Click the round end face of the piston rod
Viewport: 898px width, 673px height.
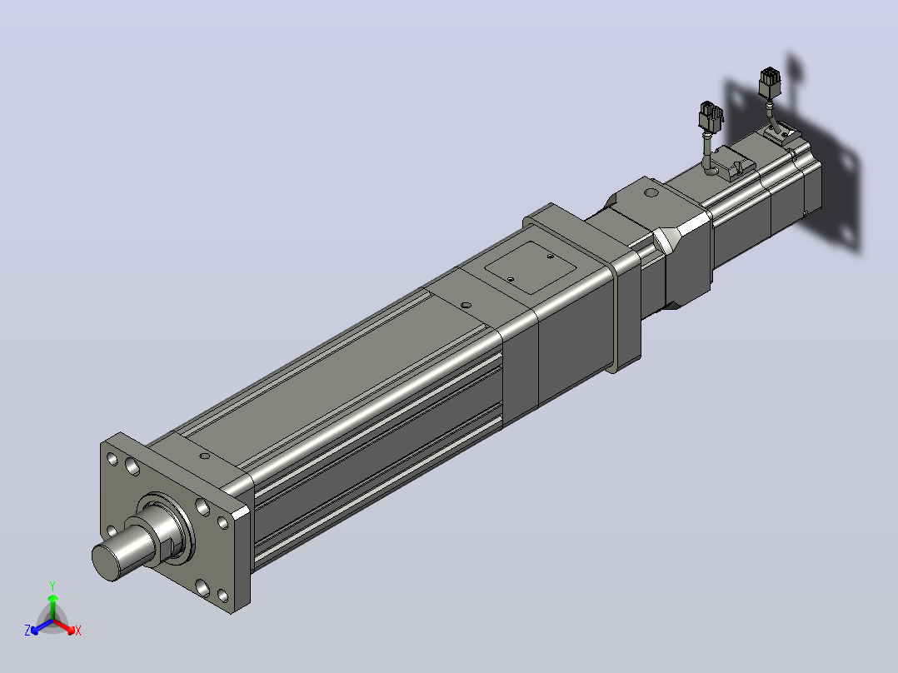pos(107,562)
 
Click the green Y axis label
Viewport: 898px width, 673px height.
pos(52,586)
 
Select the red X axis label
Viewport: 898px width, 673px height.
pos(78,631)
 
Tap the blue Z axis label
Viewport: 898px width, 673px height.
pos(27,631)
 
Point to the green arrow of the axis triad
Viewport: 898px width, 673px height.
pos(52,607)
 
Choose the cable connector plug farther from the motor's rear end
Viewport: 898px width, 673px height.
pos(710,117)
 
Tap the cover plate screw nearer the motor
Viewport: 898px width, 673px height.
pos(550,256)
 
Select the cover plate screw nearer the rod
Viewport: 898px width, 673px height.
pos(511,280)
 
